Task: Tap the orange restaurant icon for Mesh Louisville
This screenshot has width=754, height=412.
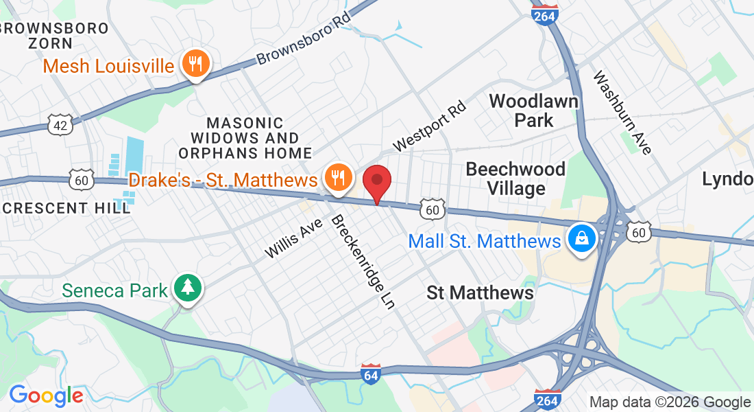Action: point(196,65)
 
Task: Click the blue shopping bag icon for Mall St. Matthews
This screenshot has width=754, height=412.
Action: point(581,240)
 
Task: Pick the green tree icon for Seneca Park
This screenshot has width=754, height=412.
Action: point(186,288)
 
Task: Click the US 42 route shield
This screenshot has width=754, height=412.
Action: point(60,124)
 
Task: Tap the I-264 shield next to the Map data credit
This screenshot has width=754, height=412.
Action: point(548,399)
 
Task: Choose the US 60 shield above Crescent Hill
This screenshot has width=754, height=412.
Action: point(80,180)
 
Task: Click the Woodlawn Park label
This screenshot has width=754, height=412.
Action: point(534,111)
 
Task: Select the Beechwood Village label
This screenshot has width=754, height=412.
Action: point(515,178)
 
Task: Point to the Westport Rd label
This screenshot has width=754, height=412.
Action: point(430,126)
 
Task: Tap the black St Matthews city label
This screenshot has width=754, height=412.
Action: point(480,293)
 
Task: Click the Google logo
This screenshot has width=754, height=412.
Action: point(46,396)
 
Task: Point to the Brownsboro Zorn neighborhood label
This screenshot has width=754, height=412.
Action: point(55,36)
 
